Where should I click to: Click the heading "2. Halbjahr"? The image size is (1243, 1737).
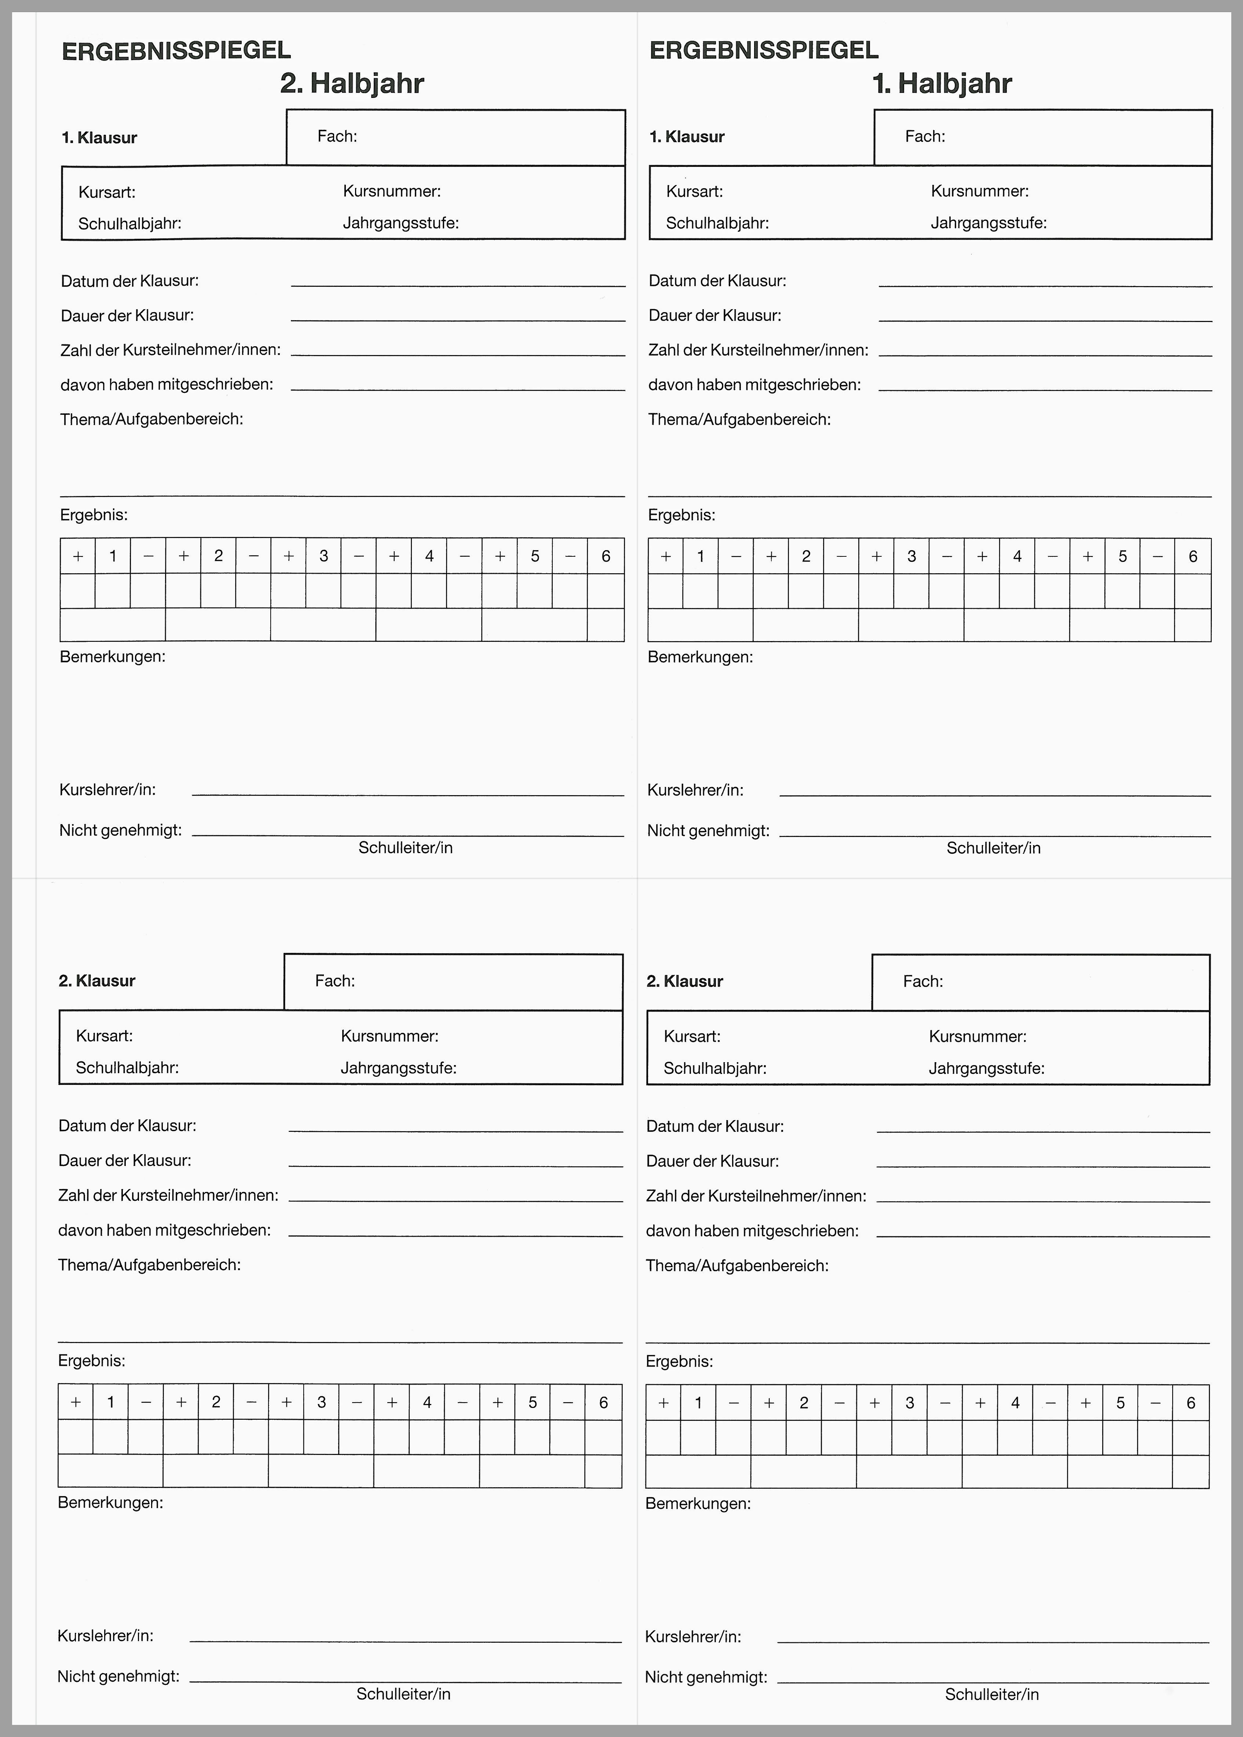click(x=352, y=83)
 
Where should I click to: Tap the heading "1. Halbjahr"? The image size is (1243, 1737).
click(x=942, y=83)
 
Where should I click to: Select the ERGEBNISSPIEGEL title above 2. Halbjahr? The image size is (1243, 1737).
click(x=176, y=51)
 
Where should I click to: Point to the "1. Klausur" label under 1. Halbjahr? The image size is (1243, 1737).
click(x=687, y=137)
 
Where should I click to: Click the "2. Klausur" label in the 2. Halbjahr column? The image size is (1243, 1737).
click(x=97, y=981)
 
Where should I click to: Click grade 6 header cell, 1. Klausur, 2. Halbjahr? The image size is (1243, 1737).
click(x=606, y=556)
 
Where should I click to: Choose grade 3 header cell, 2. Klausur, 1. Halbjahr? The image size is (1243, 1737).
click(x=909, y=1403)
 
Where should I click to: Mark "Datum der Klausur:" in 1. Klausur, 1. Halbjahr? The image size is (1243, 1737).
click(x=717, y=281)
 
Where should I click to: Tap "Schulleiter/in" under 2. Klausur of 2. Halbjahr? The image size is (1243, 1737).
click(x=403, y=1694)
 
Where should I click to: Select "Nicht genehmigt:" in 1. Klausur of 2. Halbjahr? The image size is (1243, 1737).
click(x=120, y=830)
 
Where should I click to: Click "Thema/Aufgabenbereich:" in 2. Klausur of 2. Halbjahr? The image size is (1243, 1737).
click(x=149, y=1265)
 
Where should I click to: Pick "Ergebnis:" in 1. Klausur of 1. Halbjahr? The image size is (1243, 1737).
click(x=681, y=515)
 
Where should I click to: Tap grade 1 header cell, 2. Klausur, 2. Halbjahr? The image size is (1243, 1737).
click(x=111, y=1402)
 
